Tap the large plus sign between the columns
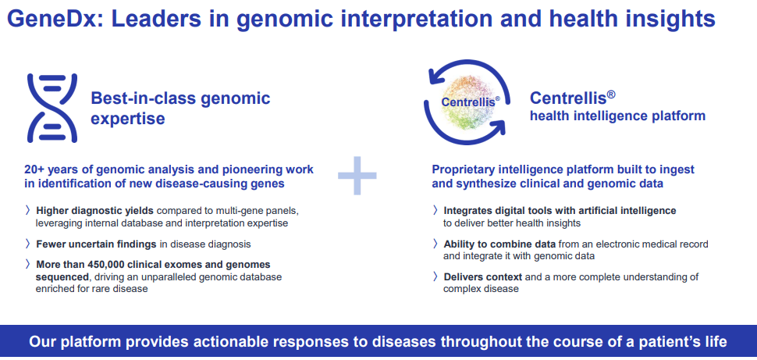click(x=357, y=176)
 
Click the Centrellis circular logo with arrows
click(x=465, y=102)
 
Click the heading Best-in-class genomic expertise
click(x=179, y=108)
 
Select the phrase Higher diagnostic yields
click(x=95, y=211)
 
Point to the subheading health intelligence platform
click(x=617, y=116)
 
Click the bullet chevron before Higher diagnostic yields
click(x=27, y=211)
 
